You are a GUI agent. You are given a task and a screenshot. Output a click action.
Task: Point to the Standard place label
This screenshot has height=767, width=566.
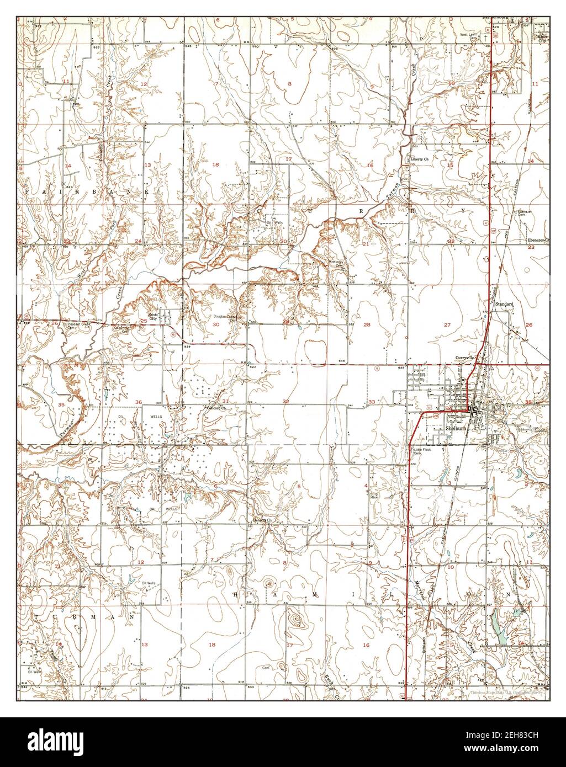(x=504, y=304)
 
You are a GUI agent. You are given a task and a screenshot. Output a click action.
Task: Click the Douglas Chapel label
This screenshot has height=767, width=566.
(x=225, y=317)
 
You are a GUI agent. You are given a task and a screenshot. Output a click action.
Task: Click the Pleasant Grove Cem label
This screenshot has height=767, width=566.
(x=77, y=325)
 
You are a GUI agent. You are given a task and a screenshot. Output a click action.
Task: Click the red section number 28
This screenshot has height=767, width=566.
(x=367, y=324)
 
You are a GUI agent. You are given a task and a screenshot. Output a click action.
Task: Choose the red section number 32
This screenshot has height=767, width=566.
(x=285, y=401)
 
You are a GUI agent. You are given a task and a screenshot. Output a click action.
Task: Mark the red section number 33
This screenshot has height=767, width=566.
(x=372, y=402)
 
